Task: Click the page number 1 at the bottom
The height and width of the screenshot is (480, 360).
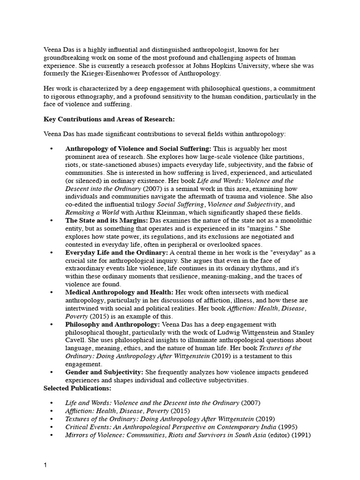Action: (45, 465)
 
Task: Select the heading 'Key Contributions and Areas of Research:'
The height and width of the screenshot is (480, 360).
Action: (109, 119)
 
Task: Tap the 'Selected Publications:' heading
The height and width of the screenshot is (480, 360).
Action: (77, 389)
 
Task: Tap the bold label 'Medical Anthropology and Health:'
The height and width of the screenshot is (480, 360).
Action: (120, 292)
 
